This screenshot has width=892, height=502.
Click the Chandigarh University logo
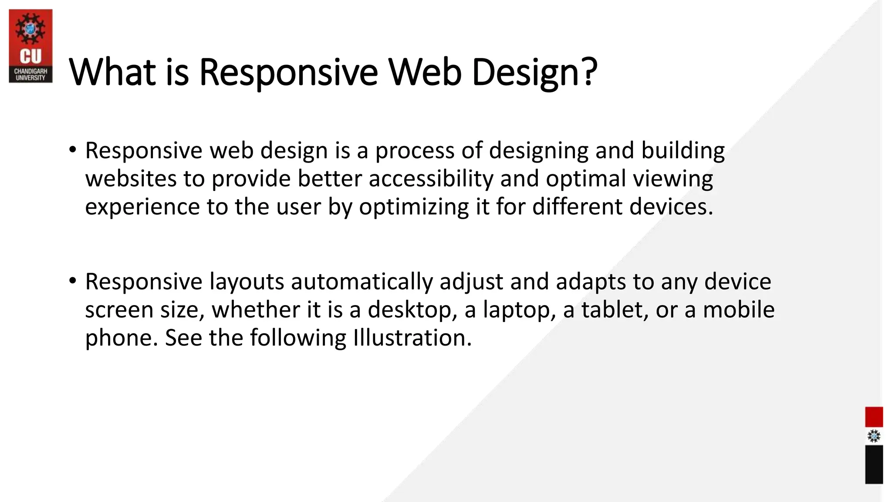30,46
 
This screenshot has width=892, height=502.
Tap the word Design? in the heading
534,73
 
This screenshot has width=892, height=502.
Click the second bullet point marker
72,281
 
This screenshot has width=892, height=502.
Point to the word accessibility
431,179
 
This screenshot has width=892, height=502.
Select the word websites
130,179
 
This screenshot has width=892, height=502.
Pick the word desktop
412,310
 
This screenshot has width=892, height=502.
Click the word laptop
519,310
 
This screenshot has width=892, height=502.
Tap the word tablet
614,310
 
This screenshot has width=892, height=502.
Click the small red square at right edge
874,417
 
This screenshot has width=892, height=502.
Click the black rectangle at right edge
874,464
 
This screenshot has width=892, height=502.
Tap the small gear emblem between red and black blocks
874,436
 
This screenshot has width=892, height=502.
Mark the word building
683,151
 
